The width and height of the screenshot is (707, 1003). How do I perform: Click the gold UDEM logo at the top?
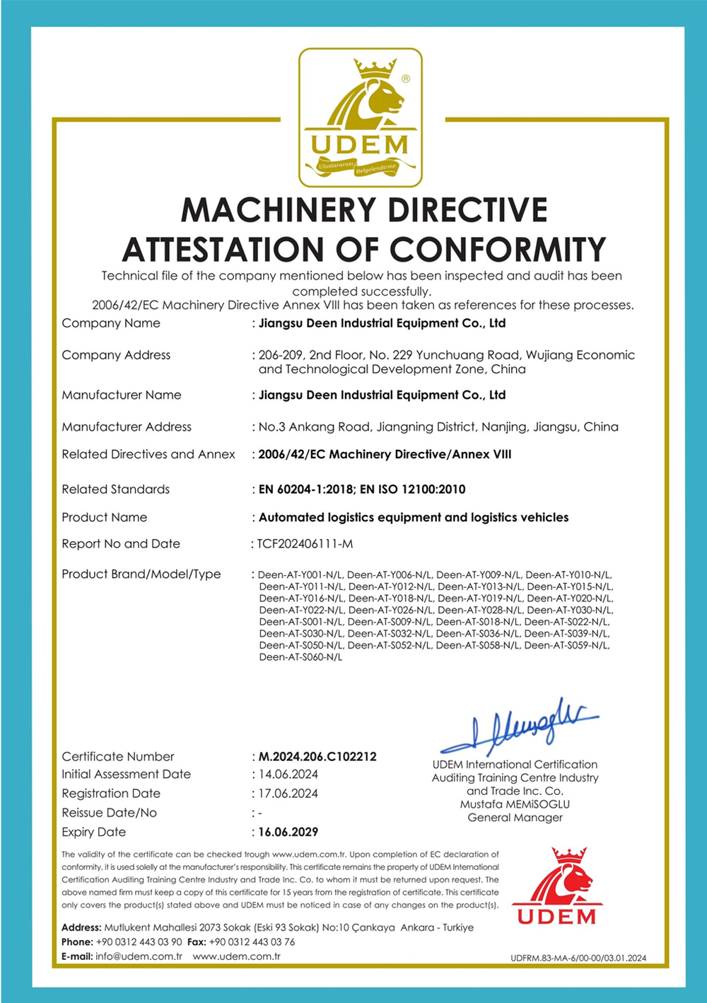361,117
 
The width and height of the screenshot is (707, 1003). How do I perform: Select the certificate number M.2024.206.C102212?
317,756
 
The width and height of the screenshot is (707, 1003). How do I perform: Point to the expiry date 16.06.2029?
288,832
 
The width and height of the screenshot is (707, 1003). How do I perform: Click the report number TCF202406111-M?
305,544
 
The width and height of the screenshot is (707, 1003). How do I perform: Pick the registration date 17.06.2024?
288,794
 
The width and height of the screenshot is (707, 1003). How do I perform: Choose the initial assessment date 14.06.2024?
288,775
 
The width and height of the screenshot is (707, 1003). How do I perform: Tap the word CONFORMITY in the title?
498,250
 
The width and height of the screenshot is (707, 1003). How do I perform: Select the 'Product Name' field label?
104,518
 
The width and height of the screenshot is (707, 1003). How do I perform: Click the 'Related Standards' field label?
115,489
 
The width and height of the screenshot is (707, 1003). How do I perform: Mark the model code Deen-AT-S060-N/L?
300,657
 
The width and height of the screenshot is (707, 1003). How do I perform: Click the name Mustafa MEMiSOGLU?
515,804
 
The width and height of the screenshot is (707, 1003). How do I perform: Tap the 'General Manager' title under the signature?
515,818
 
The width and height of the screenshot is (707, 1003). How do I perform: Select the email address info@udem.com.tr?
139,956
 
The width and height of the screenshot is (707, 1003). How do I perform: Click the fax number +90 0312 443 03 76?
252,942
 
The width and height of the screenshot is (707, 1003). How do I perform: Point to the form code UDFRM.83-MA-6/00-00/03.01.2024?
578,958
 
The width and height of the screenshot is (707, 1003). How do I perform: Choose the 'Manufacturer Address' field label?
127,427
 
